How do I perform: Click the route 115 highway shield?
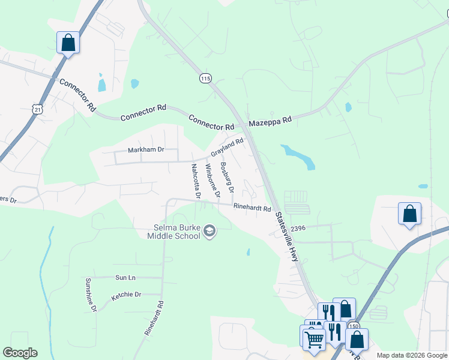[x=206, y=79]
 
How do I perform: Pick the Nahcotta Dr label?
[x=196, y=181]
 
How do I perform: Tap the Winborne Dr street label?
[x=212, y=179]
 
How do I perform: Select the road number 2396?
[x=298, y=228]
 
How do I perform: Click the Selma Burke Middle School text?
[x=174, y=232]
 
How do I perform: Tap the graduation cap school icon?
[x=209, y=231]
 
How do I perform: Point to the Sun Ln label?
[x=125, y=277]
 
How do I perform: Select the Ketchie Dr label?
[x=126, y=295]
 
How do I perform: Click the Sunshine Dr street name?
[x=90, y=295]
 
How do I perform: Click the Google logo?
[x=20, y=353]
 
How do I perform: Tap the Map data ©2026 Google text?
[x=411, y=356]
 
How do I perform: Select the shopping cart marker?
[x=314, y=339]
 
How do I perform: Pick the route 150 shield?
[x=354, y=326]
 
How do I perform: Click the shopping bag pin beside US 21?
[x=68, y=43]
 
